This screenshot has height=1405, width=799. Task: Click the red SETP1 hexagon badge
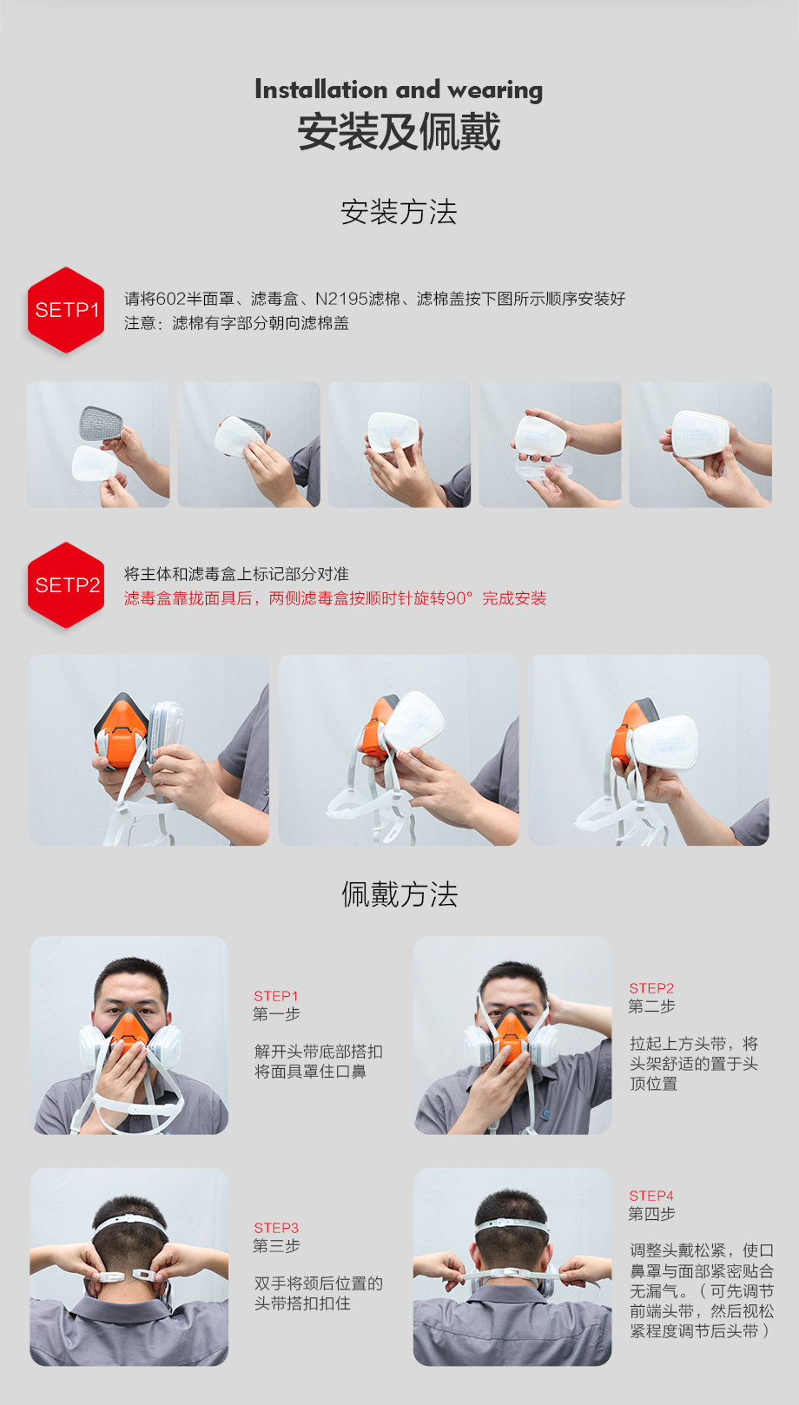(x=66, y=310)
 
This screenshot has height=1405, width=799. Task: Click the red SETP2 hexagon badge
(x=66, y=585)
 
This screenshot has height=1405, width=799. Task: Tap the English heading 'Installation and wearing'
(x=399, y=89)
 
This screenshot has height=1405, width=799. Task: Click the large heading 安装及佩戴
(x=399, y=132)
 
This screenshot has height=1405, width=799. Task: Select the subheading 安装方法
(x=399, y=212)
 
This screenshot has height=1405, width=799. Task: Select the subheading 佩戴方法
(x=399, y=894)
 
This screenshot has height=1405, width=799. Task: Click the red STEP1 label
(x=276, y=996)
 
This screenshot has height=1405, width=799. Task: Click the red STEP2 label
(x=651, y=988)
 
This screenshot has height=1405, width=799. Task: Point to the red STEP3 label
(x=276, y=1228)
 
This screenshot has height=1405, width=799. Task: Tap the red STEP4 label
(x=651, y=1196)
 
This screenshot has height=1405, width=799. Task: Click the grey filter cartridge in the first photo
(x=101, y=424)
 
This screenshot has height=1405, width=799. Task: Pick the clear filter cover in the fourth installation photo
(x=543, y=470)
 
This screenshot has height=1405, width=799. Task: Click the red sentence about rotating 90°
(x=335, y=598)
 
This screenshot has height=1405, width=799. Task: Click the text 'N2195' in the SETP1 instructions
(x=341, y=299)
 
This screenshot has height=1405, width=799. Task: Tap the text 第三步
(x=276, y=1246)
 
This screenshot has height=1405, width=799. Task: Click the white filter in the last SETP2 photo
(x=664, y=742)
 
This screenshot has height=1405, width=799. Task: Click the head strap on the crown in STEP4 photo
(x=512, y=1224)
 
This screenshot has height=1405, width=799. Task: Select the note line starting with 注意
(x=236, y=323)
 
